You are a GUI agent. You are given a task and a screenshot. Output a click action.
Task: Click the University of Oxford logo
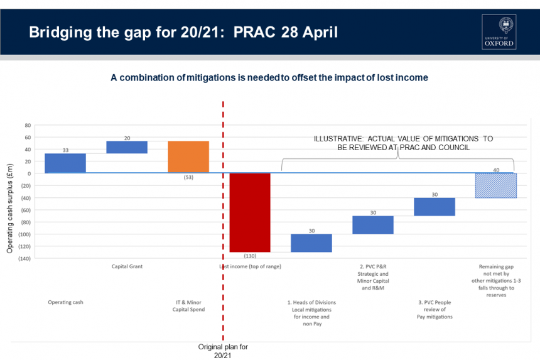coord(499,32)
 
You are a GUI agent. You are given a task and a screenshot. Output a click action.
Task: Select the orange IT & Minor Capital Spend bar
coord(188,156)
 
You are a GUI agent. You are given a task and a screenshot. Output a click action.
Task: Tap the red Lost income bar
coord(250,212)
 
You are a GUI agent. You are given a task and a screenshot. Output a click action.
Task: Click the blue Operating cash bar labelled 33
coord(65,163)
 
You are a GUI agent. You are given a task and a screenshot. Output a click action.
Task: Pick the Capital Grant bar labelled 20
coord(127,147)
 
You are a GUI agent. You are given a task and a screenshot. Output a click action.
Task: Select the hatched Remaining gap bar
coord(495,185)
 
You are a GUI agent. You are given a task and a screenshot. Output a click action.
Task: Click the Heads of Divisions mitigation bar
coord(311,243)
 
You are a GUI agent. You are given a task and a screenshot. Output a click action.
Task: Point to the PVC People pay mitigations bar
coord(435,207)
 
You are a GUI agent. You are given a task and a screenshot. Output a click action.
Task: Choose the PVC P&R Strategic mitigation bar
coord(373,225)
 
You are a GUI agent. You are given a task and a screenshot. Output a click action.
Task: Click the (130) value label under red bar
coord(250,256)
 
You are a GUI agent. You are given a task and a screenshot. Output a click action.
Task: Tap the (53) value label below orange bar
coord(188,178)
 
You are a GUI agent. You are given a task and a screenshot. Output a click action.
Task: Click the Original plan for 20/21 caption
coord(224,351)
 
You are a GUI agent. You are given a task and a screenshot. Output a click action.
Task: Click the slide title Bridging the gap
coord(183,31)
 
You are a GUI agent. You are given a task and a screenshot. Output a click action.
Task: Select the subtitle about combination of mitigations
coord(269,77)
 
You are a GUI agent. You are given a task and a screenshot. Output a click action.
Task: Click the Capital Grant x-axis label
coord(127,266)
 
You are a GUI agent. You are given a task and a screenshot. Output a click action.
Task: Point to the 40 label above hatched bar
coord(496,170)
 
